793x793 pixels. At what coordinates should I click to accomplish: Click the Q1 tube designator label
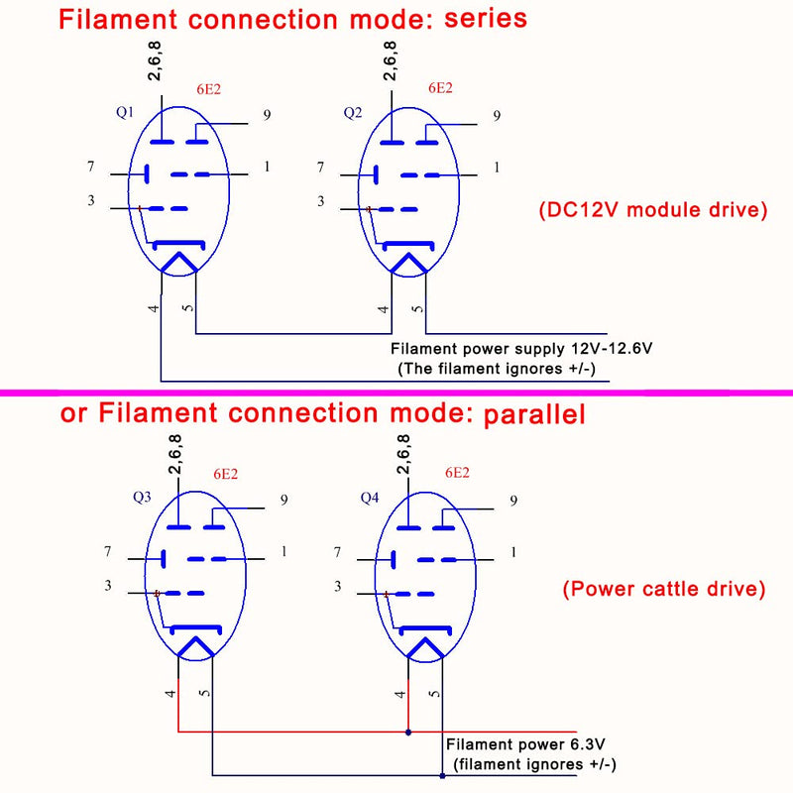125,112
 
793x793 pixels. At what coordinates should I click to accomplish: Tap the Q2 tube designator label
353,112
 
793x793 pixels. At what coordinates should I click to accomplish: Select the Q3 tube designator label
142,497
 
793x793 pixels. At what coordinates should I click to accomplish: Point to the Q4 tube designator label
369,498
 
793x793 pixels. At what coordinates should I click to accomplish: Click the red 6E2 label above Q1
209,89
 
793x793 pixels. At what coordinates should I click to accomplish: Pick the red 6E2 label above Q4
457,473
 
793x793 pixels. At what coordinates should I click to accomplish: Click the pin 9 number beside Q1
267,115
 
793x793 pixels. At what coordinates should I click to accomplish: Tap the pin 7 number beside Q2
320,167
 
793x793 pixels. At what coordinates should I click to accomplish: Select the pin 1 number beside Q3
284,551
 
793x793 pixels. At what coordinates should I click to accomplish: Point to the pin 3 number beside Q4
338,586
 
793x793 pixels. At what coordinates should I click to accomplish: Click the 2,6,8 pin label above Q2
390,60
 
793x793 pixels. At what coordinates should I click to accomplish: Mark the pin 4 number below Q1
154,308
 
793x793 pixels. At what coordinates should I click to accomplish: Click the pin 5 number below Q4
434,694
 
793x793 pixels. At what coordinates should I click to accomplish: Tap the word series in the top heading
486,18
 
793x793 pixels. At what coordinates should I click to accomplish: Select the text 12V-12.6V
612,349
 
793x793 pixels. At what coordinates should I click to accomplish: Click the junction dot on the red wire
408,732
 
